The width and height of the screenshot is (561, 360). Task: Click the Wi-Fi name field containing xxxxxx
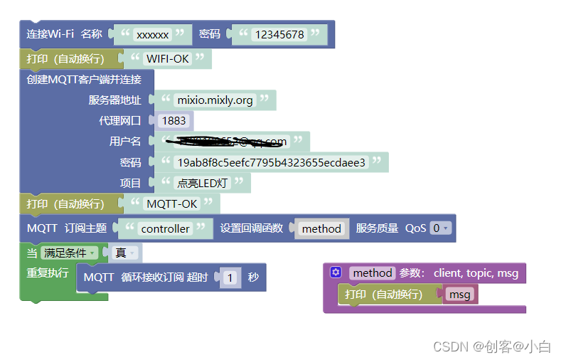[x=153, y=34]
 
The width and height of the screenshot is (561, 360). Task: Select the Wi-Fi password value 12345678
[x=279, y=34]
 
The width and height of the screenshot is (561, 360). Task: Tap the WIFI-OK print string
[x=168, y=58]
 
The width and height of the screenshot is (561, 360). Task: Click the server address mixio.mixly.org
[x=215, y=100]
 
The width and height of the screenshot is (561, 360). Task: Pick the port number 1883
[x=173, y=121]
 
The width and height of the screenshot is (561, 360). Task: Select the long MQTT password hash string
[x=271, y=162]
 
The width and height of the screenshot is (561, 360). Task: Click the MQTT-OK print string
[x=172, y=204]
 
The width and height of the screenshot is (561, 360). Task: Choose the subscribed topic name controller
[x=166, y=228]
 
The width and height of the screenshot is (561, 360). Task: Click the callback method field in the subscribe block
[x=321, y=228]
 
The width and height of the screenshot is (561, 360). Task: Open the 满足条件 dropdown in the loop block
[x=69, y=253]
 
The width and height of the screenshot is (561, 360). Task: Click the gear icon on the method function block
[x=336, y=272]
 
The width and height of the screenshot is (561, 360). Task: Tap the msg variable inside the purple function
[x=459, y=295]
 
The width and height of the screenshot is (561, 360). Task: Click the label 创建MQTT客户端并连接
[x=84, y=79]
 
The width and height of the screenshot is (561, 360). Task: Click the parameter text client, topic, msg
[x=476, y=272]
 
